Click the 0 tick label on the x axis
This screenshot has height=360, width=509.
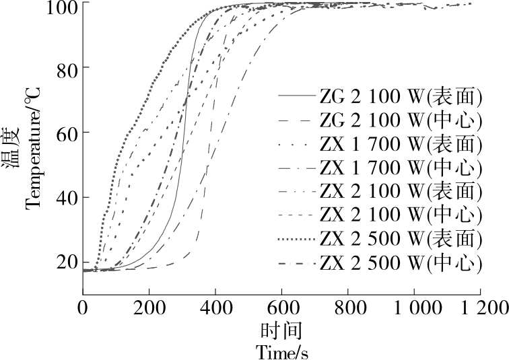83,308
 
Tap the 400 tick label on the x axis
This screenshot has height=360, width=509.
215,308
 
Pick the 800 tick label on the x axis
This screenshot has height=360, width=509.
347,308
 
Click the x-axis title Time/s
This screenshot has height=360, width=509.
282,351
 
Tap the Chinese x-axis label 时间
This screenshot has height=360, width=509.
282,331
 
